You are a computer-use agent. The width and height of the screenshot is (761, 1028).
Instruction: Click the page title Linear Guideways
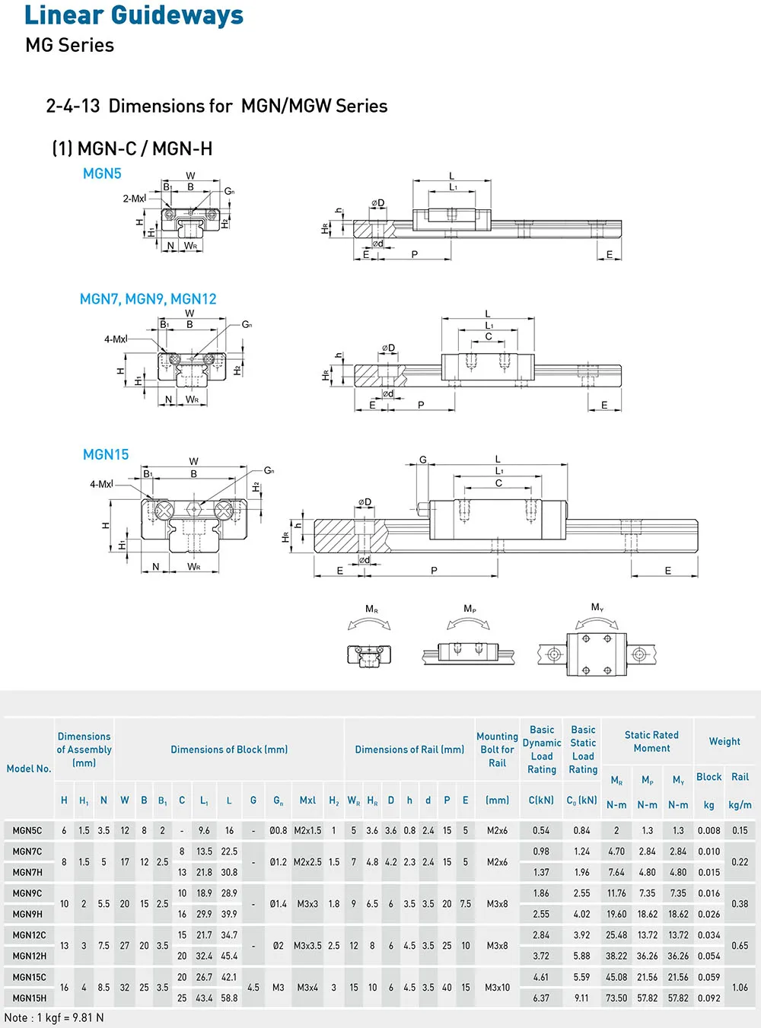[134, 15]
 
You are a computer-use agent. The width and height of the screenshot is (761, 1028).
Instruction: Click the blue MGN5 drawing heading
[102, 173]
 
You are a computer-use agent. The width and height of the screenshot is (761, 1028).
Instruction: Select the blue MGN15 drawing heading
[106, 454]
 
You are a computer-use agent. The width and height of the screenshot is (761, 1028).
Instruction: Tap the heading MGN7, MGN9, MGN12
[148, 299]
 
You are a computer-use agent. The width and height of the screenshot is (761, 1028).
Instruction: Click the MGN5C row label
[27, 831]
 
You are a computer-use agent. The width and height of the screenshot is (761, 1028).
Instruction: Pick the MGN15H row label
[30, 998]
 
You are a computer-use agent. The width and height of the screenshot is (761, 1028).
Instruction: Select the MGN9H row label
[27, 914]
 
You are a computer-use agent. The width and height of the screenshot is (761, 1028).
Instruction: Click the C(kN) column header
[541, 800]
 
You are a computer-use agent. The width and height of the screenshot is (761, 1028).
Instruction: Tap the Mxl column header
[307, 800]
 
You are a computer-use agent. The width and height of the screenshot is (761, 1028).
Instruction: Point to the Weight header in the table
[724, 741]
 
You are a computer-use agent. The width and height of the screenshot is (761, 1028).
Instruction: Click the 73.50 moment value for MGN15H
[616, 998]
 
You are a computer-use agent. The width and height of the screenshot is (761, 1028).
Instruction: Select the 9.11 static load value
[581, 998]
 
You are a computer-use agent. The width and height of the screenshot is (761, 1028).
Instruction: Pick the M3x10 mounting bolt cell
[497, 988]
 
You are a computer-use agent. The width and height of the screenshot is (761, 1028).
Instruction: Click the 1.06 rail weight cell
[740, 988]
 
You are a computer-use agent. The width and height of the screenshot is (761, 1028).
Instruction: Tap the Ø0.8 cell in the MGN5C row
[278, 831]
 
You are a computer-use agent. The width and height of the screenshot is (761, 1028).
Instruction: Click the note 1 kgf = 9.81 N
[54, 1017]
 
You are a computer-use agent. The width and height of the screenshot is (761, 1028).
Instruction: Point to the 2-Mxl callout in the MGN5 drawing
[134, 199]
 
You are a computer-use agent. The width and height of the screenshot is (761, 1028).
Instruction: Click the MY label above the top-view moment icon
[597, 607]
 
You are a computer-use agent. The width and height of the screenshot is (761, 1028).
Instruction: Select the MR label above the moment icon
[371, 609]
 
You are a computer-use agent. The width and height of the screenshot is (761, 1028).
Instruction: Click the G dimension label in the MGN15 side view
[423, 460]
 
